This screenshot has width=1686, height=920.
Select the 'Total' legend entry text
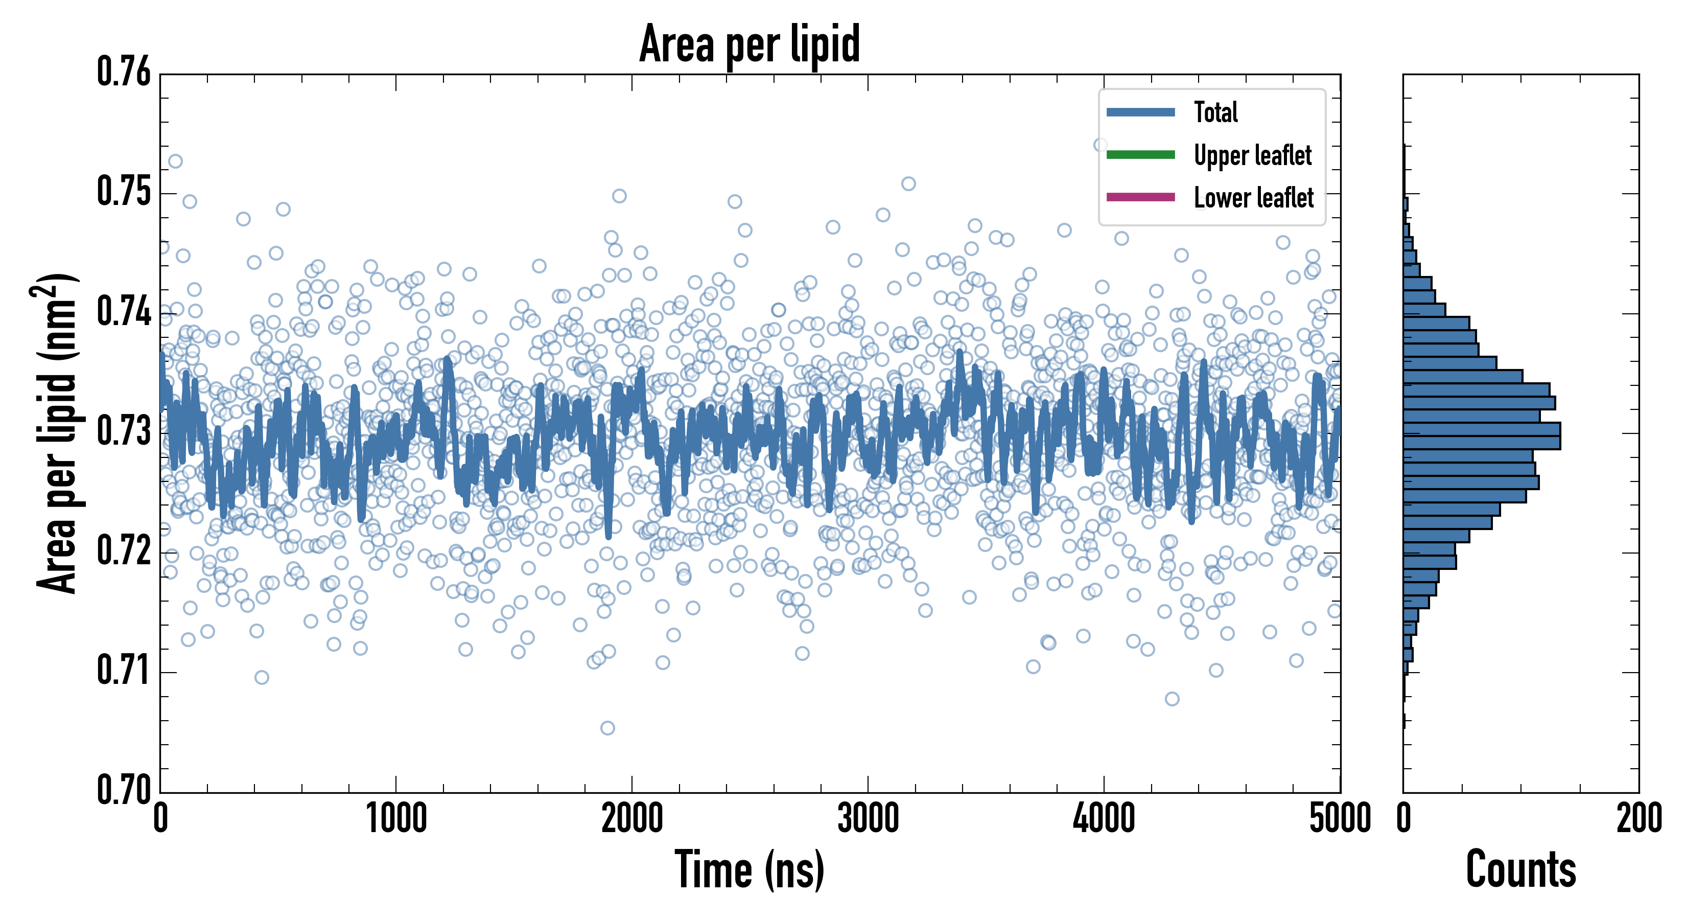[x=1215, y=112]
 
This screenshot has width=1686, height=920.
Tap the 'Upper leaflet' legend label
[x=1252, y=155]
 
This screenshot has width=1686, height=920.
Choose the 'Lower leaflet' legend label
[x=1253, y=197]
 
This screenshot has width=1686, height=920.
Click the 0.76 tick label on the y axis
[x=124, y=72]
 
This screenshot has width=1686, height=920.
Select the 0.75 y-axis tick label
[x=124, y=192]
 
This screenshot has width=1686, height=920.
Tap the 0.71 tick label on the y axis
[x=124, y=671]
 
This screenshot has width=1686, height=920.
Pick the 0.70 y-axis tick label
[x=124, y=790]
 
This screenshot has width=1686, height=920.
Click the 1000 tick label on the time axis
[x=396, y=818]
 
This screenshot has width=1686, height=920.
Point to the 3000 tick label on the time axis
[x=868, y=818]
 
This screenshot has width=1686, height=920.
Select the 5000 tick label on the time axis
[x=1340, y=818]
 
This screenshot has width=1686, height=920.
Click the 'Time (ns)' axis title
[x=750, y=869]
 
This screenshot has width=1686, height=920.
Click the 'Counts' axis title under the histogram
[x=1520, y=869]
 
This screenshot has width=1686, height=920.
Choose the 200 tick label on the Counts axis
[x=1638, y=818]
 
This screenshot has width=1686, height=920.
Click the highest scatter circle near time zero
[x=175, y=161]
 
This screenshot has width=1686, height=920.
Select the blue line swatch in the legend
[x=1140, y=112]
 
